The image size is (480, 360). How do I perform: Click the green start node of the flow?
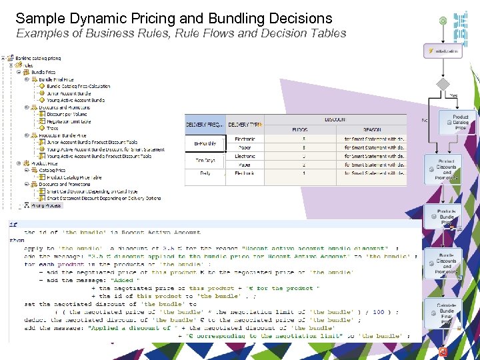(x=442, y=21)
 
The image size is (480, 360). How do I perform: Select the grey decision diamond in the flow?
(x=442, y=84)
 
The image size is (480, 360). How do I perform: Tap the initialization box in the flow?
(x=443, y=51)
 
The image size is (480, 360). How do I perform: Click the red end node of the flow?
(x=443, y=352)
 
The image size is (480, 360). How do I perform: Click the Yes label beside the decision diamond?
(x=453, y=96)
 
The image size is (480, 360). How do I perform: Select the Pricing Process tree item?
(x=46, y=205)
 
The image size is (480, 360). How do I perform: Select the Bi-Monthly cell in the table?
(x=205, y=143)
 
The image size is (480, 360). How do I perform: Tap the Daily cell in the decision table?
(x=205, y=173)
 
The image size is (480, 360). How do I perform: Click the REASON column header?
(x=371, y=129)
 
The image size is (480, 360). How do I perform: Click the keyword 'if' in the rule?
(x=13, y=225)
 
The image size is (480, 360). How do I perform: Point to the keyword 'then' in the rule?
(x=17, y=239)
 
